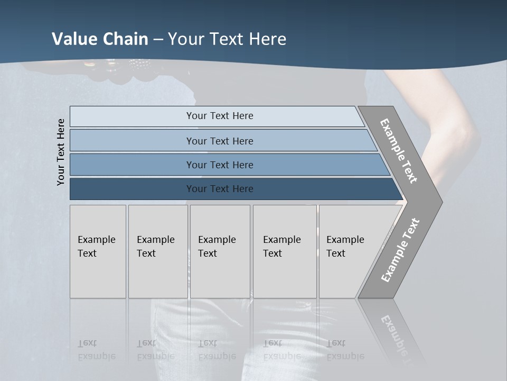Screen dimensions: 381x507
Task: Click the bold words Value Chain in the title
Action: (100, 39)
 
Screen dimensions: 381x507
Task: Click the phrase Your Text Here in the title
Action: (227, 39)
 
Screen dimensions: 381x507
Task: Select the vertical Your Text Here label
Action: (61, 152)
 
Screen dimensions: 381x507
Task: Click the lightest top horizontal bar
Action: (219, 116)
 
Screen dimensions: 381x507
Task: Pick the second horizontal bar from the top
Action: (219, 141)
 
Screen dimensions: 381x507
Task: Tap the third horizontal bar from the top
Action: (219, 165)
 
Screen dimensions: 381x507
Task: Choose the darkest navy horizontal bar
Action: (219, 189)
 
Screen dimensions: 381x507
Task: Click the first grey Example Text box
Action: (98, 251)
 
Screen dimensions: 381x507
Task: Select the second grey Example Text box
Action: (157, 251)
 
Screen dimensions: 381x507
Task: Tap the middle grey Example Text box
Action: (220, 251)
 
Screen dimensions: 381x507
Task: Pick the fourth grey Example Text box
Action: (284, 251)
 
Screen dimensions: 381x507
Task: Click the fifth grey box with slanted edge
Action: (349, 251)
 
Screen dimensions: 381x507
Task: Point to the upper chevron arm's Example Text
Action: (399, 151)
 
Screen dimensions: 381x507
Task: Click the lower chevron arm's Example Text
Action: (400, 250)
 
